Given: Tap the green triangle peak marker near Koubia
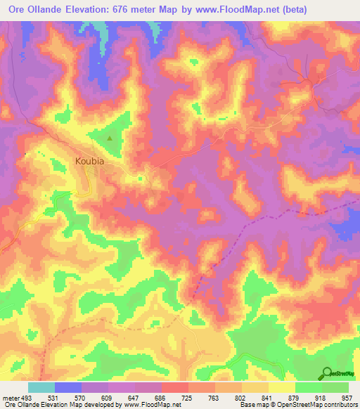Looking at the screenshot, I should tap(110, 138).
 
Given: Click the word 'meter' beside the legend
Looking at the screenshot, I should tap(8, 398).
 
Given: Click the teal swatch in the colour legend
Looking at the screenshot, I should tap(41, 387).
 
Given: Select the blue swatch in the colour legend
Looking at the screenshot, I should tap(68, 387).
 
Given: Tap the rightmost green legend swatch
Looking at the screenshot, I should tap(335, 387).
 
